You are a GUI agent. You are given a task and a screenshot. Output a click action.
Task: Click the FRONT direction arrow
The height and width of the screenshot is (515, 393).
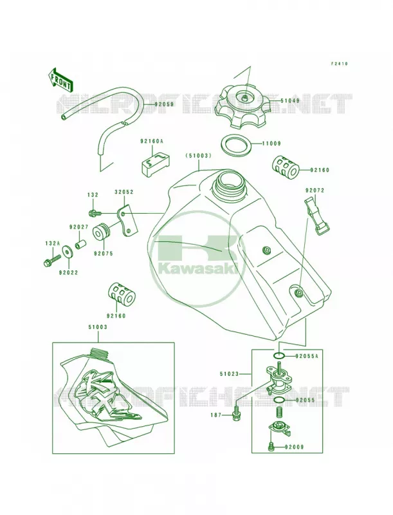pos(60,79)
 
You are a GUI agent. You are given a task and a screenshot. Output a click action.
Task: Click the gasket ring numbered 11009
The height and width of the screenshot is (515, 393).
pos(237,144)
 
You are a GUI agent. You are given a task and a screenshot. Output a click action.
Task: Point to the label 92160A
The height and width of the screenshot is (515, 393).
pos(152,141)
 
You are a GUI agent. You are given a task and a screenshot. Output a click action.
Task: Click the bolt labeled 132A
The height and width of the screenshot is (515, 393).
pos(53,259)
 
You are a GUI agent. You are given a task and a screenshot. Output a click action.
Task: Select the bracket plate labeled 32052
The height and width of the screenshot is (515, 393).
pos(127,220)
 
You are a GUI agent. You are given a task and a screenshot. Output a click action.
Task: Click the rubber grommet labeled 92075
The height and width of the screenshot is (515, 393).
pos(102,232)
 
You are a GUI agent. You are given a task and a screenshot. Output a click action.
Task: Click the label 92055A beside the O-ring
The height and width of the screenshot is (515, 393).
pos(306,356)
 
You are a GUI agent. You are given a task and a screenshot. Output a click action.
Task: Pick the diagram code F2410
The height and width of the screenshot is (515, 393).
pos(338,64)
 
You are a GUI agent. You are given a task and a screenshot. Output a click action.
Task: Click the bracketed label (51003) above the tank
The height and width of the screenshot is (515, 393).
pos(197,156)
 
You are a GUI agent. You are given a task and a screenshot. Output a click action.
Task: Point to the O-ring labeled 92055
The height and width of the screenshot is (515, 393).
pos(279,400)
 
